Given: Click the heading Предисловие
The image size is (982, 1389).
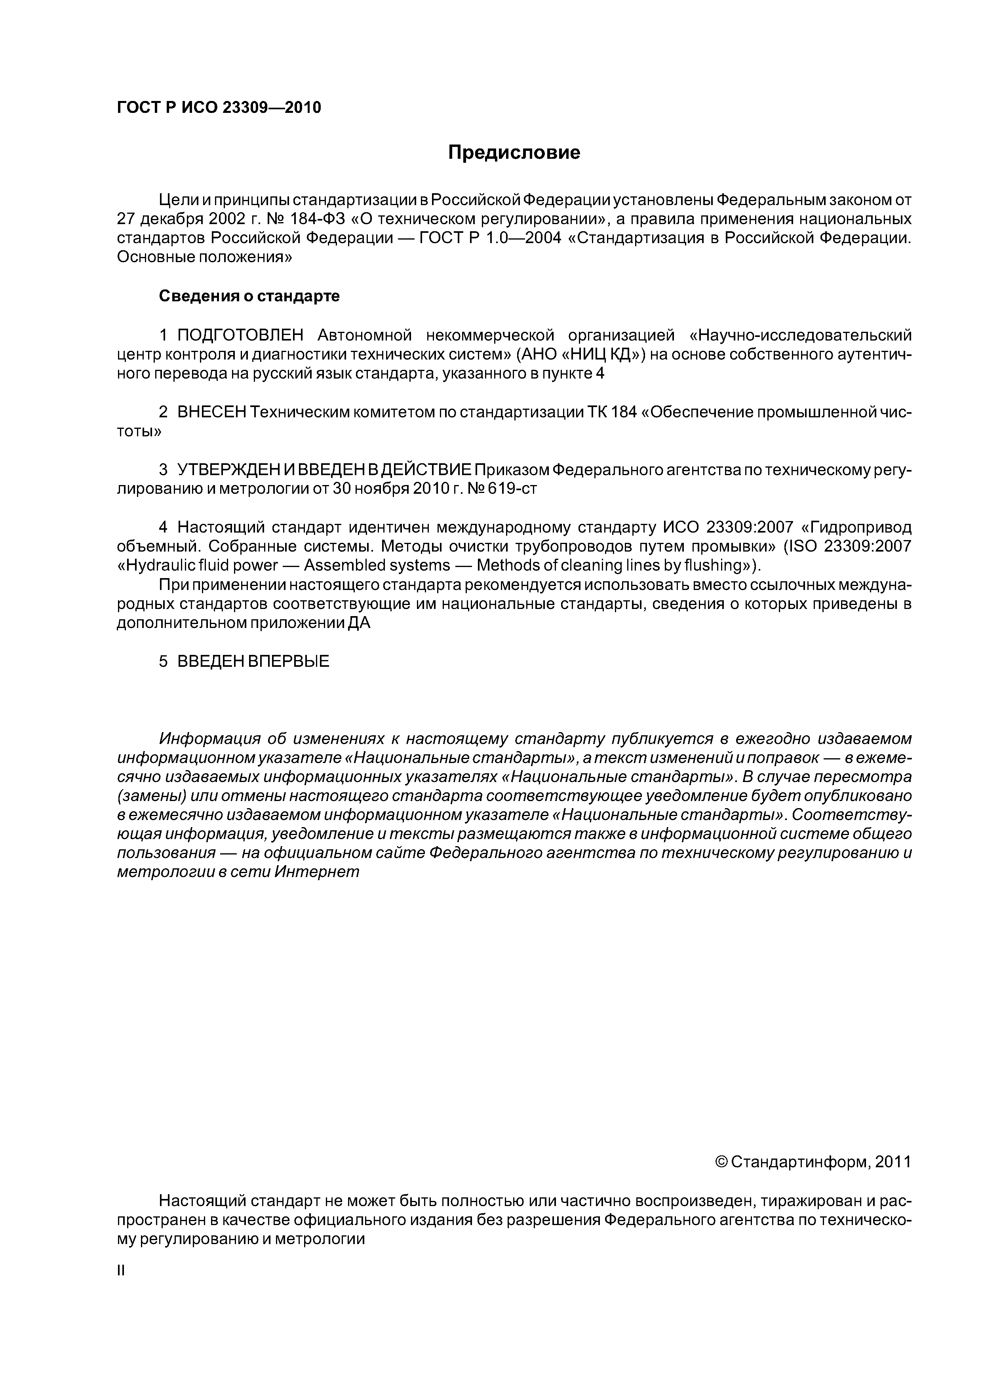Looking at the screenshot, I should [x=514, y=152].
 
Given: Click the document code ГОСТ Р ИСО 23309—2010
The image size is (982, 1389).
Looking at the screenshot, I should [x=219, y=108].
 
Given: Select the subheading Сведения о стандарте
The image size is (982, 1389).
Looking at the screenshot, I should [x=249, y=297].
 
